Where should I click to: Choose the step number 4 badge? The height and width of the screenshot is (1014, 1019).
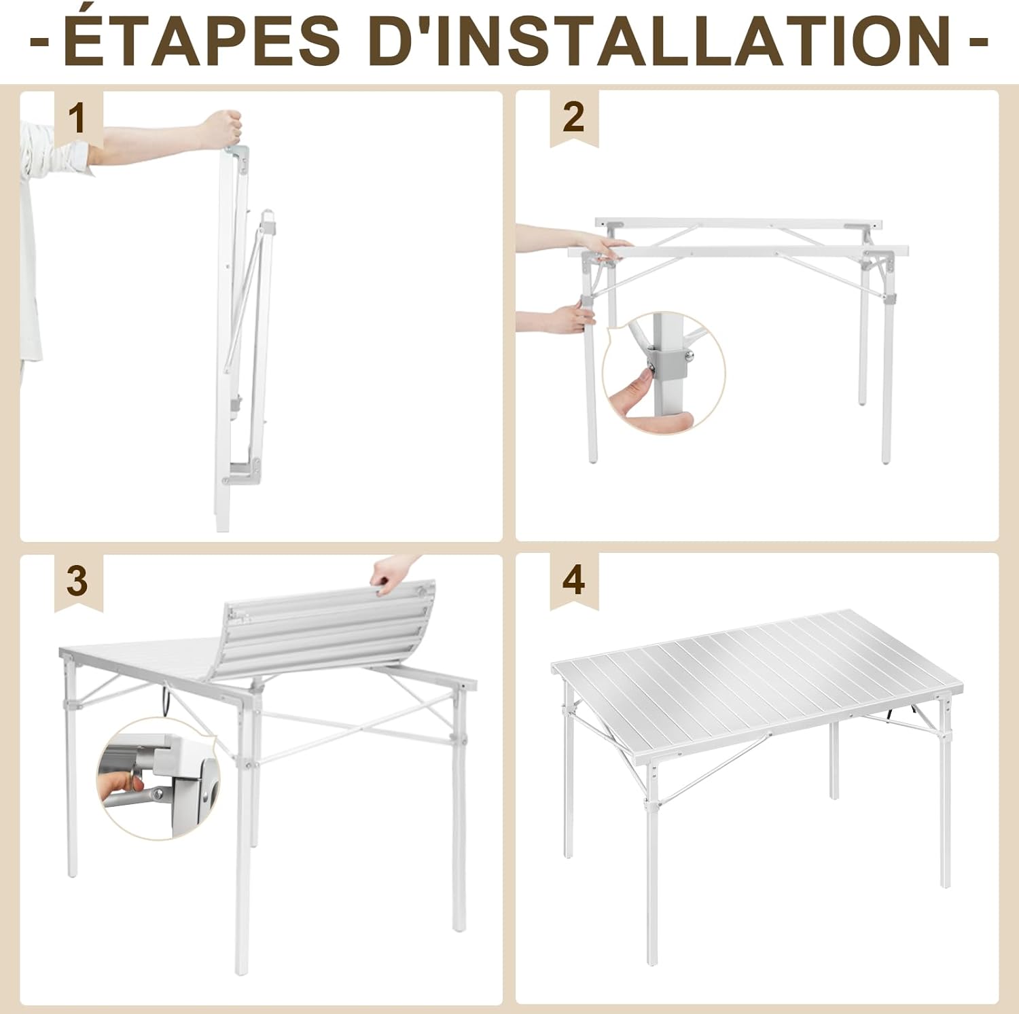pyautogui.click(x=574, y=581)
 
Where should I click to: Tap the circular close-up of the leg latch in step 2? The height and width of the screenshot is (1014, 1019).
pyautogui.click(x=664, y=372)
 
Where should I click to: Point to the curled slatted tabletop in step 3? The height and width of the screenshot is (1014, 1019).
pyautogui.click(x=326, y=632)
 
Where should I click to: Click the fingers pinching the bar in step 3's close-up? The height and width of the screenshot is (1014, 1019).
pyautogui.click(x=119, y=784)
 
